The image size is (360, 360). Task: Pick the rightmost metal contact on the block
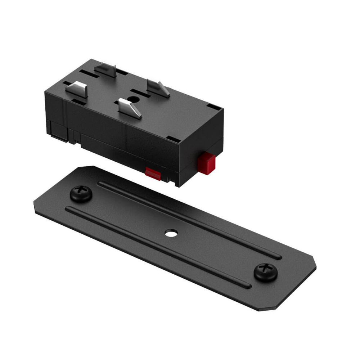pyautogui.click(x=158, y=87)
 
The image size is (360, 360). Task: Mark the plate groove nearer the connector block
pyautogui.click(x=187, y=220)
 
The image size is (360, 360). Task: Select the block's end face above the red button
pyautogui.click(x=202, y=137)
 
